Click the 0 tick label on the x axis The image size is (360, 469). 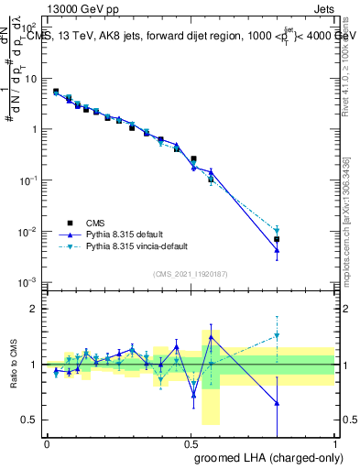point(47,444)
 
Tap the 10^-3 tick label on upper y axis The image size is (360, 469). point(28,282)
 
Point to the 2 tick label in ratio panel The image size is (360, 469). point(36,309)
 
